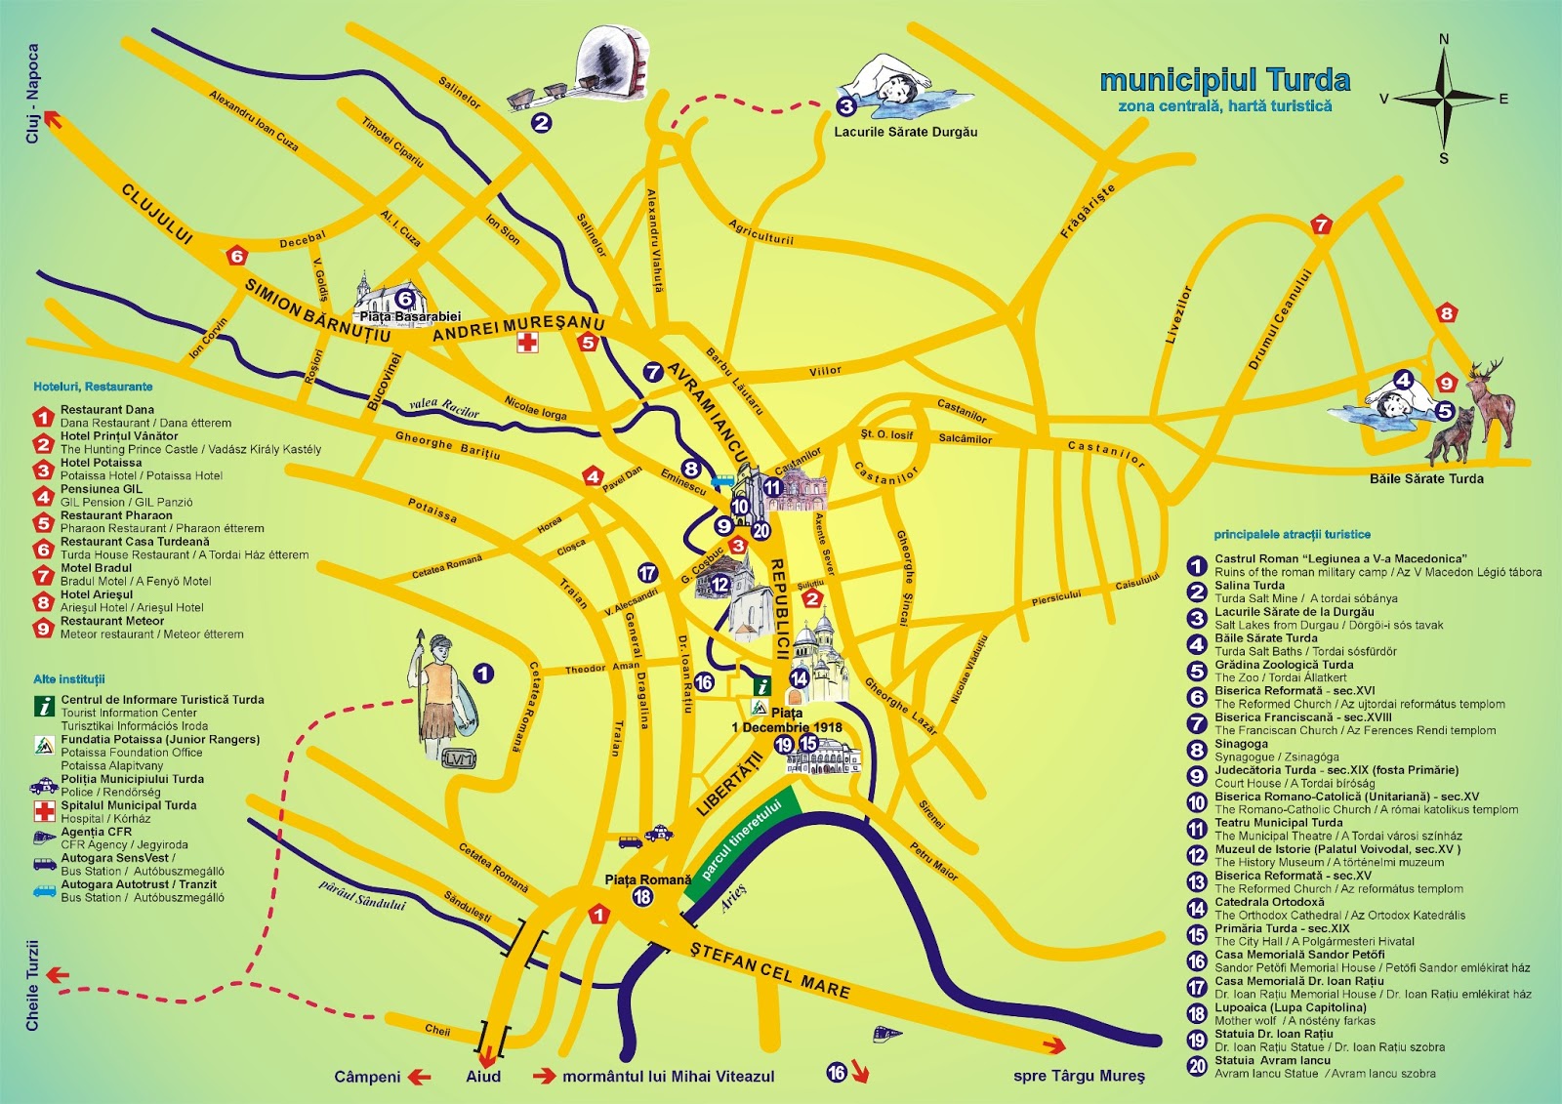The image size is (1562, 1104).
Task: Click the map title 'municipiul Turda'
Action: [x=1224, y=80]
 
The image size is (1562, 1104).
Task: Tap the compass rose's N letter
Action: [x=1444, y=39]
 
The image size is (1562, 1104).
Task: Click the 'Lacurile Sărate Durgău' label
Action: [x=905, y=132]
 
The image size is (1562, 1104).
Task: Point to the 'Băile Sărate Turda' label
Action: [x=1425, y=478]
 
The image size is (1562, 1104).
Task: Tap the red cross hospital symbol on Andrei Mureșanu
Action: [x=527, y=342]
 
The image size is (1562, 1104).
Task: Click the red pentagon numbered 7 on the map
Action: [x=1321, y=225]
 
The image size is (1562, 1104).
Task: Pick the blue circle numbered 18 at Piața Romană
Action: [x=642, y=897]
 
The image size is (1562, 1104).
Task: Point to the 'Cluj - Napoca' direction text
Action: [x=33, y=94]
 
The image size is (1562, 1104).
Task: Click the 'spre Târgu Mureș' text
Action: [x=1079, y=1076]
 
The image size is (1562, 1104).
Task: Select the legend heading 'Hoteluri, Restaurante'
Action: [x=93, y=387]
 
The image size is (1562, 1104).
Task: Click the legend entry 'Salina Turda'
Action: [x=1250, y=586]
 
